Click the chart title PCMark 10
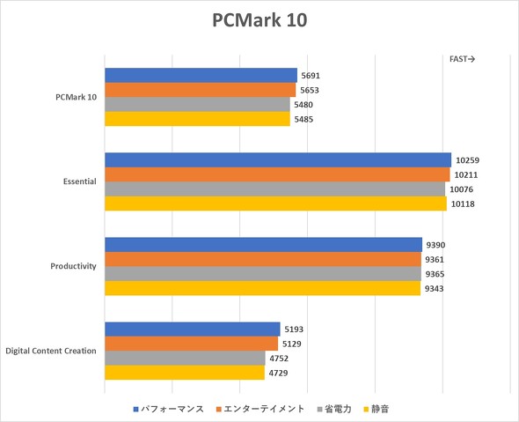pyautogui.click(x=259, y=20)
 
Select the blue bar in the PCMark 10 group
pyautogui.click(x=201, y=76)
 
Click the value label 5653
pyautogui.click(x=310, y=91)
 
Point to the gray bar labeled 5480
pyautogui.click(x=198, y=105)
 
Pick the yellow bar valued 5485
pyautogui.click(x=198, y=119)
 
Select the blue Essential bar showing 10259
pyautogui.click(x=277, y=160)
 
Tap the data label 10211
pyautogui.click(x=466, y=175)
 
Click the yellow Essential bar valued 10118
pyautogui.click(x=275, y=204)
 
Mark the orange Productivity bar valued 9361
pyautogui.click(x=262, y=259)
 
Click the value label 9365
pyautogui.click(x=435, y=274)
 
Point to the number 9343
pyautogui.click(x=435, y=288)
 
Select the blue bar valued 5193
pyautogui.click(x=192, y=329)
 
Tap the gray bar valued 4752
pyautogui.click(x=185, y=359)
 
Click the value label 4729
pyautogui.click(x=278, y=374)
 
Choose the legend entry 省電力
pyautogui.click(x=335, y=409)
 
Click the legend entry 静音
pyautogui.click(x=379, y=409)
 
